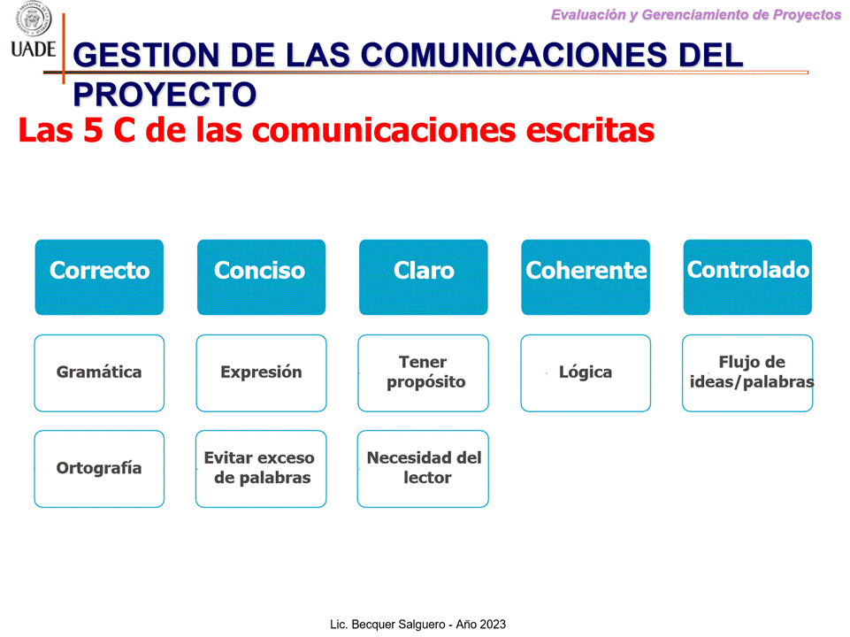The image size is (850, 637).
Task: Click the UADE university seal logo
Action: click(34, 19)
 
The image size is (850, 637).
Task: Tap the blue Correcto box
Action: click(99, 277)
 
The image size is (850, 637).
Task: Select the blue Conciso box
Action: click(261, 277)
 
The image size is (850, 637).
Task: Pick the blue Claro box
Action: click(424, 277)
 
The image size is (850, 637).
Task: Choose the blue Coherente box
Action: click(586, 277)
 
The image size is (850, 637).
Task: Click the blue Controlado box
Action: click(747, 277)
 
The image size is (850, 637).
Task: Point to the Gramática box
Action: click(99, 373)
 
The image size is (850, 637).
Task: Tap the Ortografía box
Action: click(99, 469)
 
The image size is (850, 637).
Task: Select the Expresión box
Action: click(261, 373)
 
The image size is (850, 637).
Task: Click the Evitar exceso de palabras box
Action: click(261, 469)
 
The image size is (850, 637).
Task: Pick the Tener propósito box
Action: click(424, 373)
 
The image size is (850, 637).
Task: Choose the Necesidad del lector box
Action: click(423, 469)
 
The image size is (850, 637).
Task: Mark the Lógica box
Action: click(586, 373)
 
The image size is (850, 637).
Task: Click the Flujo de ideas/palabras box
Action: click(747, 373)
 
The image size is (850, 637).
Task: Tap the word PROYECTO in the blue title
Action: click(165, 94)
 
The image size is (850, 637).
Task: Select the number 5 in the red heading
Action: click(93, 130)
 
